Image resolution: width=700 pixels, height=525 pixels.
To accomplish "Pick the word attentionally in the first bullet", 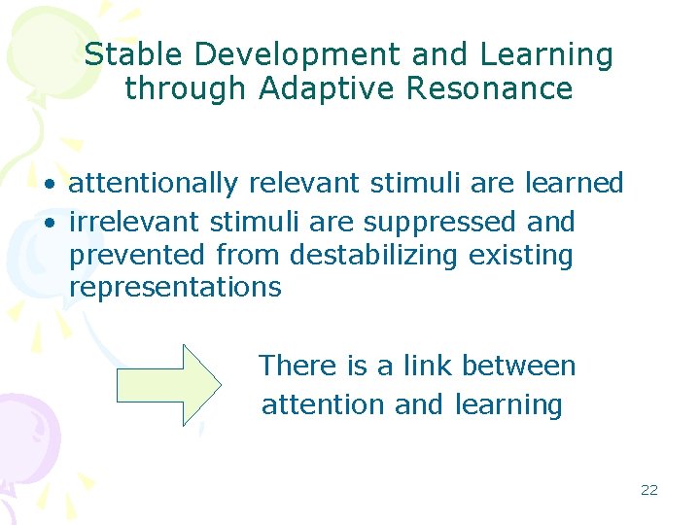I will pos(153,184).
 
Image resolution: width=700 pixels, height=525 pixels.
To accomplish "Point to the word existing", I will pos(521,255).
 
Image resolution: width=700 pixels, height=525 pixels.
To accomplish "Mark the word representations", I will pos(175,288).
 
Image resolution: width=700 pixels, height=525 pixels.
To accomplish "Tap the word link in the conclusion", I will pos(428,367).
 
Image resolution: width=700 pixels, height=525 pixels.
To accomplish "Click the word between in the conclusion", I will pos(519,367).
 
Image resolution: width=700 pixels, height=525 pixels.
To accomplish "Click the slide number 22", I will pos(649,490).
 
